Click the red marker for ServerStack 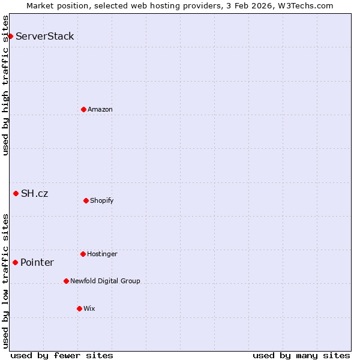(10, 36)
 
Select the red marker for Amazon (83, 109)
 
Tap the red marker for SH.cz (16, 193)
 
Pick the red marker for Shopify (86, 200)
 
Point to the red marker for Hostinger (83, 254)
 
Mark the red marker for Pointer (15, 262)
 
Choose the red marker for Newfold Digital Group (66, 281)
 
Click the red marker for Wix (79, 308)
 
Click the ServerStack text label (45, 36)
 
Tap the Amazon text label (100, 109)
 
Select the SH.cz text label (35, 193)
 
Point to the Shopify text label (102, 200)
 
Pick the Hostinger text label (103, 254)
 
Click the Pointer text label (37, 262)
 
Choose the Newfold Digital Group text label (105, 281)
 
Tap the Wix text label (89, 308)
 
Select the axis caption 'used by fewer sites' (62, 355)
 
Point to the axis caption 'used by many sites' (301, 355)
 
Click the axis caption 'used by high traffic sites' (5, 85)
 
